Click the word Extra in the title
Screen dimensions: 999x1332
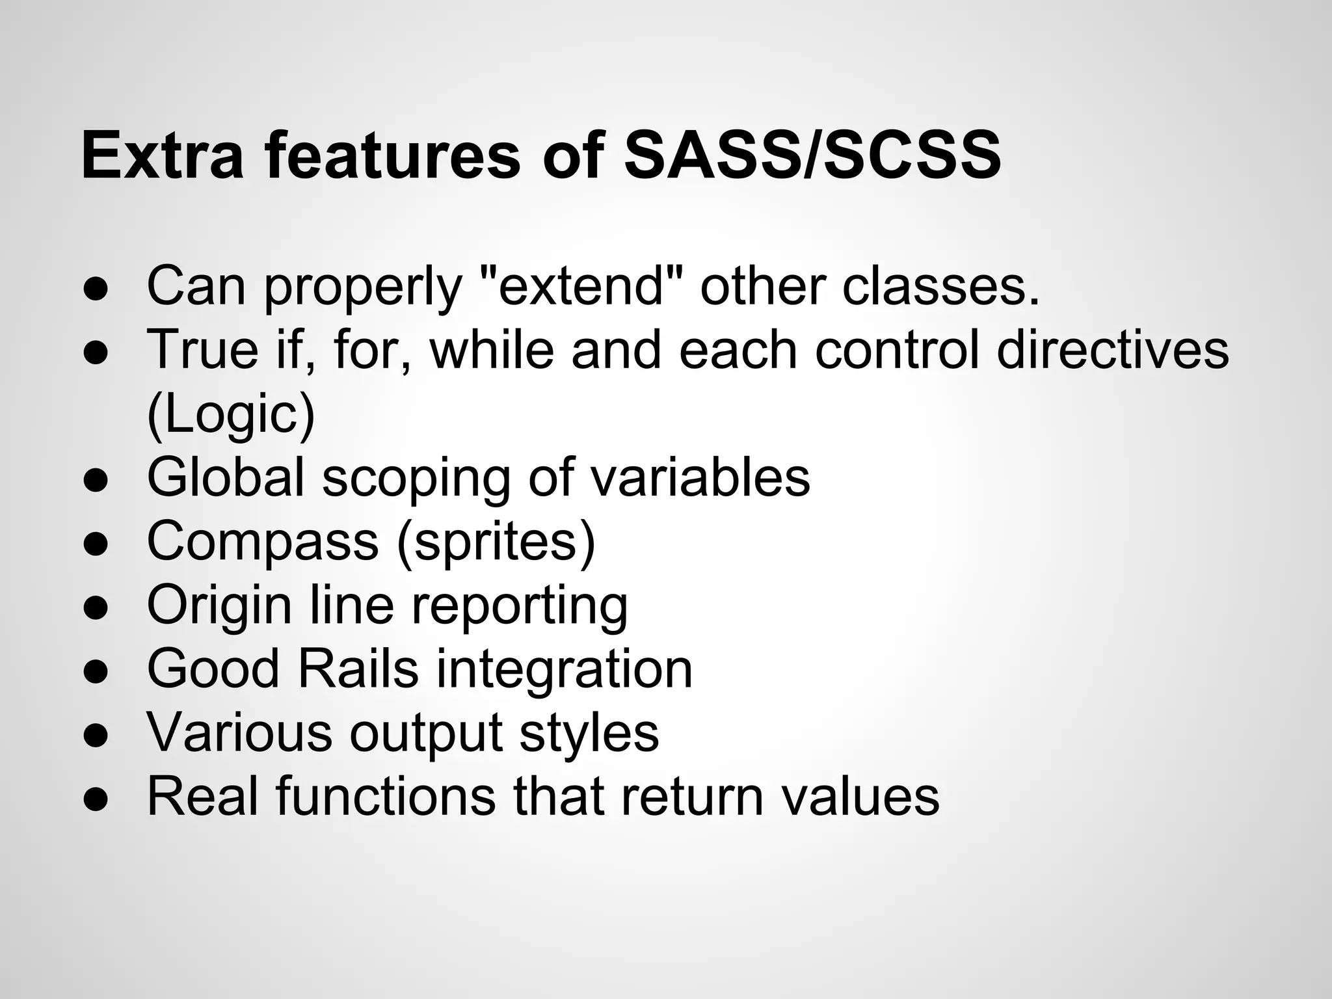(x=163, y=156)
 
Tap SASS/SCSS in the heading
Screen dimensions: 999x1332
(x=812, y=156)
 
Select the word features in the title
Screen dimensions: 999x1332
(x=393, y=156)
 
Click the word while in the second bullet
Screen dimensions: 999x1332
(x=491, y=350)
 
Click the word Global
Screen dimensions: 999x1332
(x=225, y=477)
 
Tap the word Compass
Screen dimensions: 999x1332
(x=262, y=541)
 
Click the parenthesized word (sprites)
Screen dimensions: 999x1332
(x=496, y=541)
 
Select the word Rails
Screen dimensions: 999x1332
(x=358, y=669)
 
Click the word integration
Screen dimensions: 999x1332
(x=564, y=669)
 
